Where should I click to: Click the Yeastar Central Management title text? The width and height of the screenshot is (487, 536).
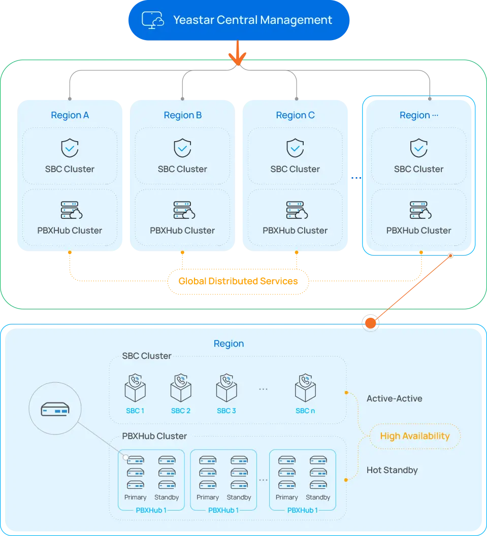(x=252, y=20)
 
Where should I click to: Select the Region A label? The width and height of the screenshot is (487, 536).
(x=70, y=115)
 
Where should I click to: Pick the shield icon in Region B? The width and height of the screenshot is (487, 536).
(x=182, y=148)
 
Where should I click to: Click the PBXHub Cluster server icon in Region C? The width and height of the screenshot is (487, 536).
(x=295, y=210)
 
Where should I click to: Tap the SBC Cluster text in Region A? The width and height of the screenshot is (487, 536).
(x=70, y=169)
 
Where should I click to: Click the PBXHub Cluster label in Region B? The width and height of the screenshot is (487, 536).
(x=182, y=230)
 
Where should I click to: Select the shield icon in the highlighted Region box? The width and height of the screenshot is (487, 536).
(x=418, y=148)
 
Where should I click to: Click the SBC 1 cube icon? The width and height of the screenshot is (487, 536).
(x=135, y=388)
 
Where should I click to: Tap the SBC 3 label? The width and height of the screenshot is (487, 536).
(x=226, y=411)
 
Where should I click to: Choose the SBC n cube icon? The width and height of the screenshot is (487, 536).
(x=305, y=388)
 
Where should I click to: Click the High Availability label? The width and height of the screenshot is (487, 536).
(x=415, y=435)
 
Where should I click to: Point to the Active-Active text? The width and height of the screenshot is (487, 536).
(x=394, y=398)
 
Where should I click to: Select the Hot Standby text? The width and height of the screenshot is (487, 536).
(x=392, y=470)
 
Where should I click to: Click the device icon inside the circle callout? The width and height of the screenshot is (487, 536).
(x=54, y=409)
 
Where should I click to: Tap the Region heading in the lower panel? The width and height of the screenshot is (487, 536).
(x=229, y=344)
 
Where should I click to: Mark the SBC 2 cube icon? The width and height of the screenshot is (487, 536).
(x=181, y=388)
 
